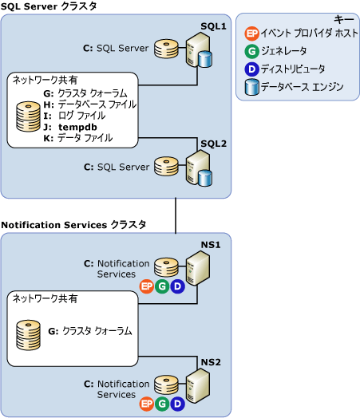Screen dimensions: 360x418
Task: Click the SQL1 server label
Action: pyautogui.click(x=213, y=26)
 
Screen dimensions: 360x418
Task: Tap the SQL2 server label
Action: pyautogui.click(x=214, y=144)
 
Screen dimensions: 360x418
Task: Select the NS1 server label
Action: pyautogui.click(x=211, y=245)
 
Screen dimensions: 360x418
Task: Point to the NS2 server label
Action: pyautogui.click(x=211, y=362)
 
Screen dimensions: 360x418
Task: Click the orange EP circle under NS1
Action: pyautogui.click(x=146, y=286)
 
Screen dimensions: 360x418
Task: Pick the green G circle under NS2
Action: pyautogui.click(x=162, y=404)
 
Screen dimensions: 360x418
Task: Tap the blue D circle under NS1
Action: pyautogui.click(x=177, y=286)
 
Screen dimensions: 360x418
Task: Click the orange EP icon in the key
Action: pyautogui.click(x=251, y=34)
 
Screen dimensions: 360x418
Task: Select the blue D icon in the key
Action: pyautogui.click(x=251, y=69)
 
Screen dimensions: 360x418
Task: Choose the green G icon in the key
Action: pyautogui.click(x=251, y=51)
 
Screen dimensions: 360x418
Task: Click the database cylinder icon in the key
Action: pyautogui.click(x=251, y=87)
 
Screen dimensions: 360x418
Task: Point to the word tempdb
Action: pyautogui.click(x=77, y=127)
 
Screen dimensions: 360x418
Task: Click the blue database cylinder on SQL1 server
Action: pyautogui.click(x=205, y=59)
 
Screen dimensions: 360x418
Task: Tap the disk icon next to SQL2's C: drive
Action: pyautogui.click(x=166, y=167)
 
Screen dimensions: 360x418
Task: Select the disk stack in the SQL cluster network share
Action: pyautogui.click(x=28, y=116)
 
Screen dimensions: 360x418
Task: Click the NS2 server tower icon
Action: pyautogui.click(x=198, y=386)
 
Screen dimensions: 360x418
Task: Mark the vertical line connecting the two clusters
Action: pyautogui.click(x=176, y=215)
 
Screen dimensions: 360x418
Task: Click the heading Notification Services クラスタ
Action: pyautogui.click(x=73, y=225)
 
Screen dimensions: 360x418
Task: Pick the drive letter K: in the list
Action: pyautogui.click(x=48, y=138)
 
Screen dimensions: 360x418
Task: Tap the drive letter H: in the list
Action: pyautogui.click(x=49, y=104)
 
